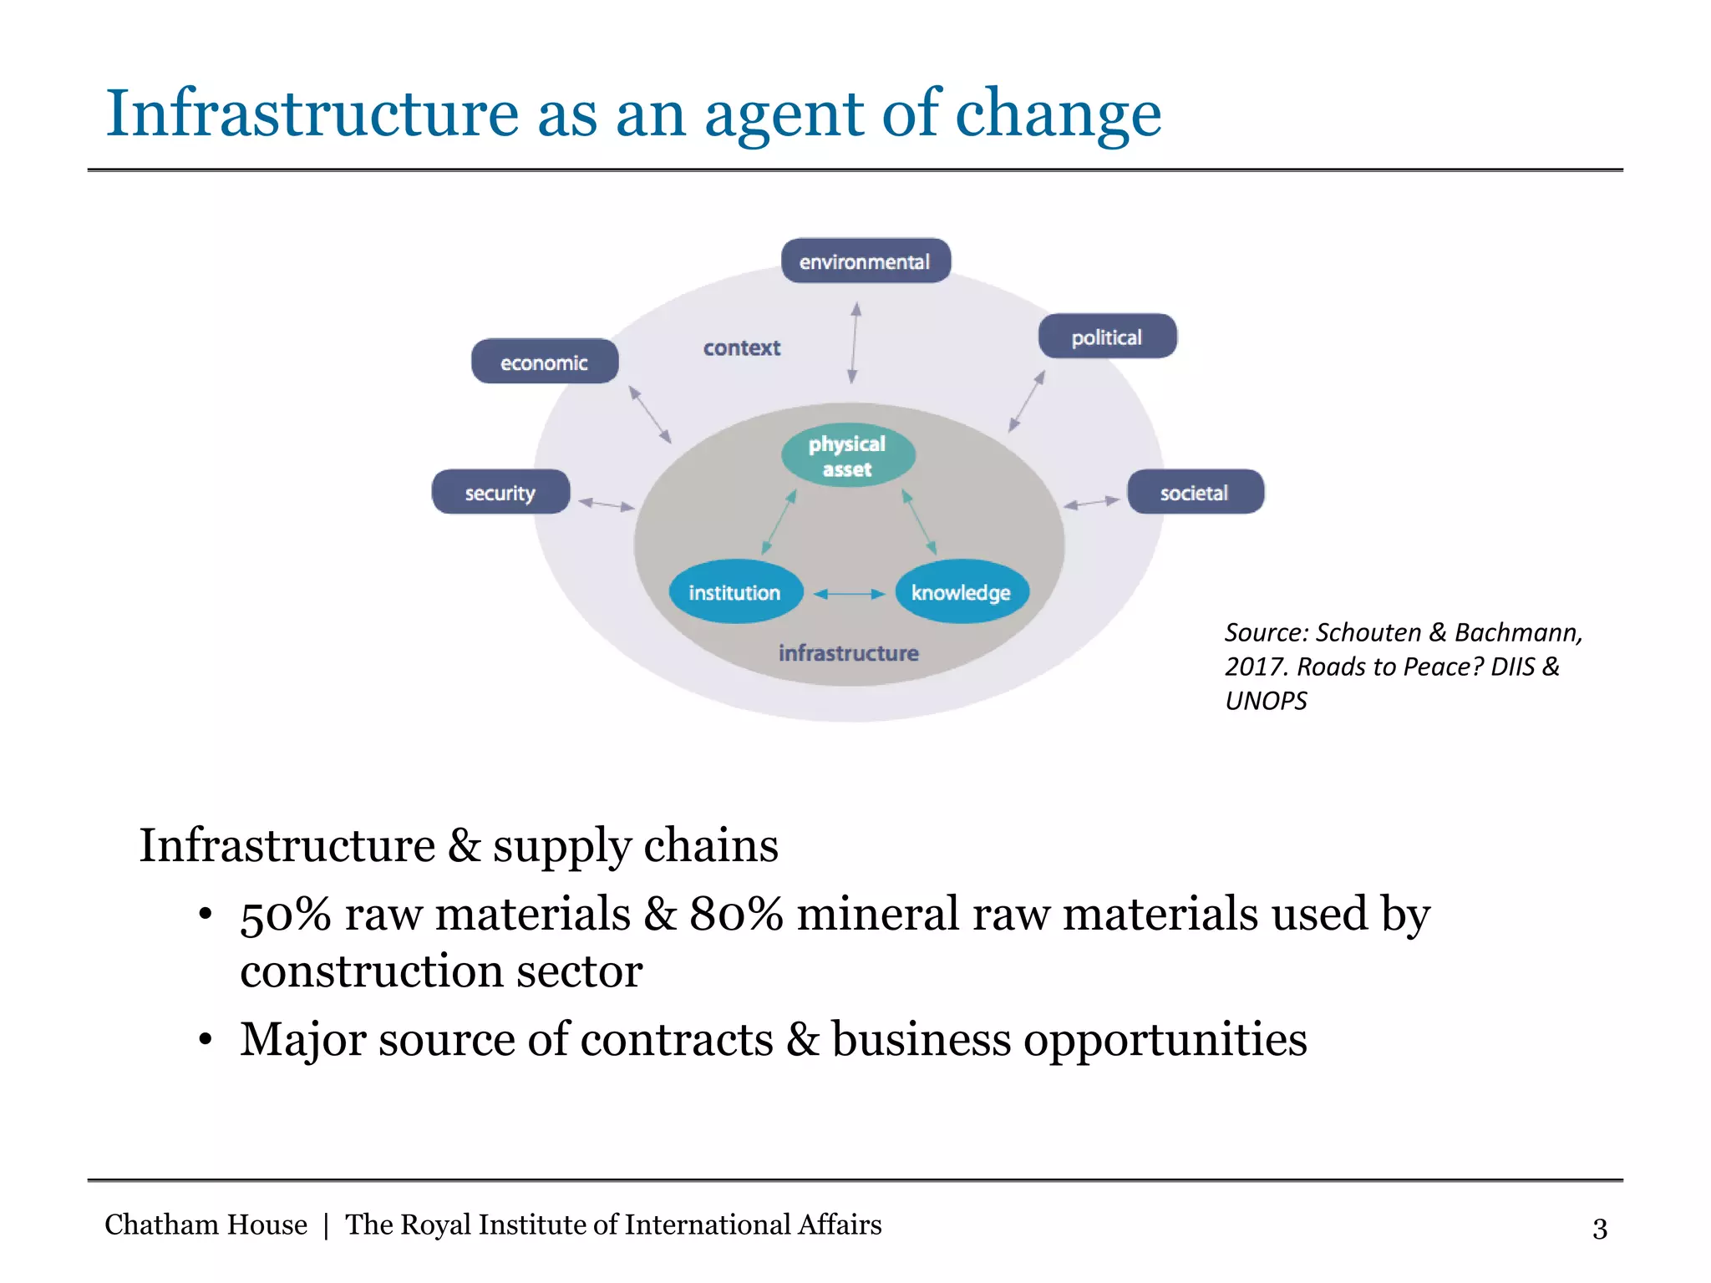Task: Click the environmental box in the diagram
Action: [866, 261]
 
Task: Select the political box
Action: [1107, 337]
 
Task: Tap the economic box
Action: [545, 362]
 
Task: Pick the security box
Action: [500, 492]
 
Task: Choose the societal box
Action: [1195, 492]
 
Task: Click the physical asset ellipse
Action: [848, 456]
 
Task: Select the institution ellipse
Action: [735, 592]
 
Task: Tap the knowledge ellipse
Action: [962, 592]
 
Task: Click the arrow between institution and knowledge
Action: [849, 594]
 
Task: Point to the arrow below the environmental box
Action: [854, 343]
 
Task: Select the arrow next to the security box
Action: [607, 504]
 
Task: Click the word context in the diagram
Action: [742, 347]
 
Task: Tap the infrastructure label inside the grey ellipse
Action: [848, 652]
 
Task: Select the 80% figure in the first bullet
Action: [736, 914]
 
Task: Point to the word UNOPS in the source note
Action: [1266, 701]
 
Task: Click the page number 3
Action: [1599, 1229]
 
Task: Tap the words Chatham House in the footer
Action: [206, 1225]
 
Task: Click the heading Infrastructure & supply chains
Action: [459, 845]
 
